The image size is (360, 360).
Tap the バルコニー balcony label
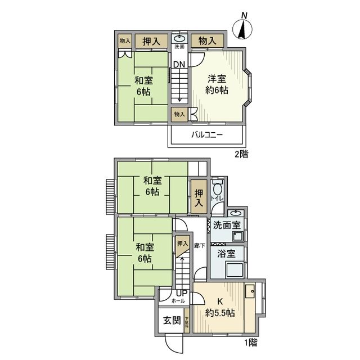point(207,136)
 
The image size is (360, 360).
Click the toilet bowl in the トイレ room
point(218,193)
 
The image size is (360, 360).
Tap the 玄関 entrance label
point(172,321)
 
